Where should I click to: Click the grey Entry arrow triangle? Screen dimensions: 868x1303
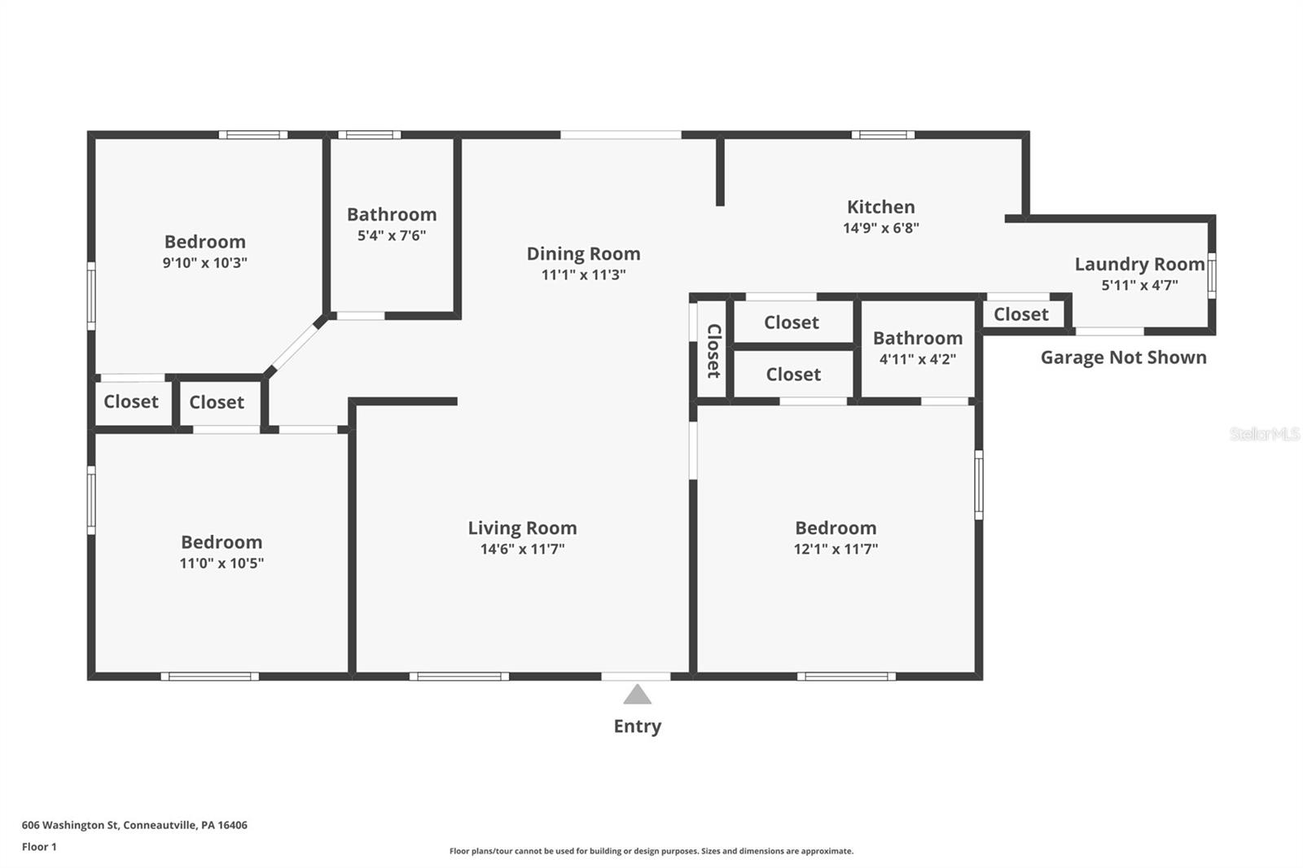637,695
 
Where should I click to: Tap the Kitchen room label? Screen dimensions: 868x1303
880,207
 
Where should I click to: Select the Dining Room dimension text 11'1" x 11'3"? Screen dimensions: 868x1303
583,275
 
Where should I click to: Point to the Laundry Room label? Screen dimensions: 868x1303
1138,264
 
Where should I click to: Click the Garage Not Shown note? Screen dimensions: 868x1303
1123,357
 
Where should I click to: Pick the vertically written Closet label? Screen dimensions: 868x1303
713,351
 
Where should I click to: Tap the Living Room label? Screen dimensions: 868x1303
522,528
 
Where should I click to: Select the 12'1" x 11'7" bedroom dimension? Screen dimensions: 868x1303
836,550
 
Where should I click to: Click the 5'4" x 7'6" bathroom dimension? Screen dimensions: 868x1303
392,236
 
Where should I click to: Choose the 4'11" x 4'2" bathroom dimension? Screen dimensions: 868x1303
917,359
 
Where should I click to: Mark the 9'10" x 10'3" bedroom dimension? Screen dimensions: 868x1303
204,263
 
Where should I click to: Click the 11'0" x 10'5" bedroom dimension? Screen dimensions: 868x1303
222,563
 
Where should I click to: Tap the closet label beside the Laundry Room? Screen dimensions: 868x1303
1020,314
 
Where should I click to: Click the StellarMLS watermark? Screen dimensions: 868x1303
1264,434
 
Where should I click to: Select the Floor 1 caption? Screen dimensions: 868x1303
39,847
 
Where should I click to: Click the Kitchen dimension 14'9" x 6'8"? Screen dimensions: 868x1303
880,229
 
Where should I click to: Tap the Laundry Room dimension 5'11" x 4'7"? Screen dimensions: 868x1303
1138,286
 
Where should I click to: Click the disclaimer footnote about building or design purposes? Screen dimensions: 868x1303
651,851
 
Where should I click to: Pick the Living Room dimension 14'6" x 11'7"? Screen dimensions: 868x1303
522,550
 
